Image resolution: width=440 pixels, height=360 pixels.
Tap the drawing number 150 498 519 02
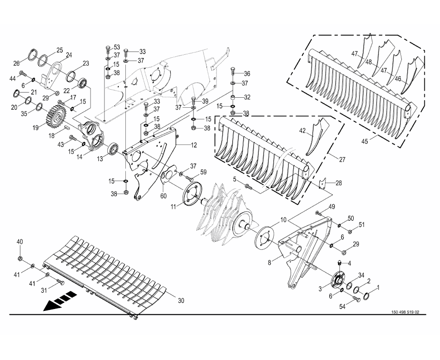coord(405,312)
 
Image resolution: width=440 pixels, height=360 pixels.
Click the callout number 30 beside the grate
coord(181,300)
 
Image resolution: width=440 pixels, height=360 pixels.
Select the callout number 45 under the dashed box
coord(365,141)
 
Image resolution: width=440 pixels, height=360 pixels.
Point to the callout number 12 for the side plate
coord(194,145)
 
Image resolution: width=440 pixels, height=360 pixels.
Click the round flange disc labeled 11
coord(193,194)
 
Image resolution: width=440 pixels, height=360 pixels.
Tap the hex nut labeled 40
coord(20,258)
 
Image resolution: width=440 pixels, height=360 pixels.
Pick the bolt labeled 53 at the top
coord(108,50)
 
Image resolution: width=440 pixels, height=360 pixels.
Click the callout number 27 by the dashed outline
coord(342,160)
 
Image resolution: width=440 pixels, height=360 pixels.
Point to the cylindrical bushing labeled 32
coord(233,99)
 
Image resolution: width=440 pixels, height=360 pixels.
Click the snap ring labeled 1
coord(367,296)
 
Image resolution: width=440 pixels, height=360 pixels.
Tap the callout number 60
coord(164,195)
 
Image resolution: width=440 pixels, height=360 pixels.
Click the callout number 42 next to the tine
coord(302,131)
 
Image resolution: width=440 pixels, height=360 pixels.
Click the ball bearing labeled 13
coord(114,149)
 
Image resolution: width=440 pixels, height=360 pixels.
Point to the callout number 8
coord(269,263)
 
